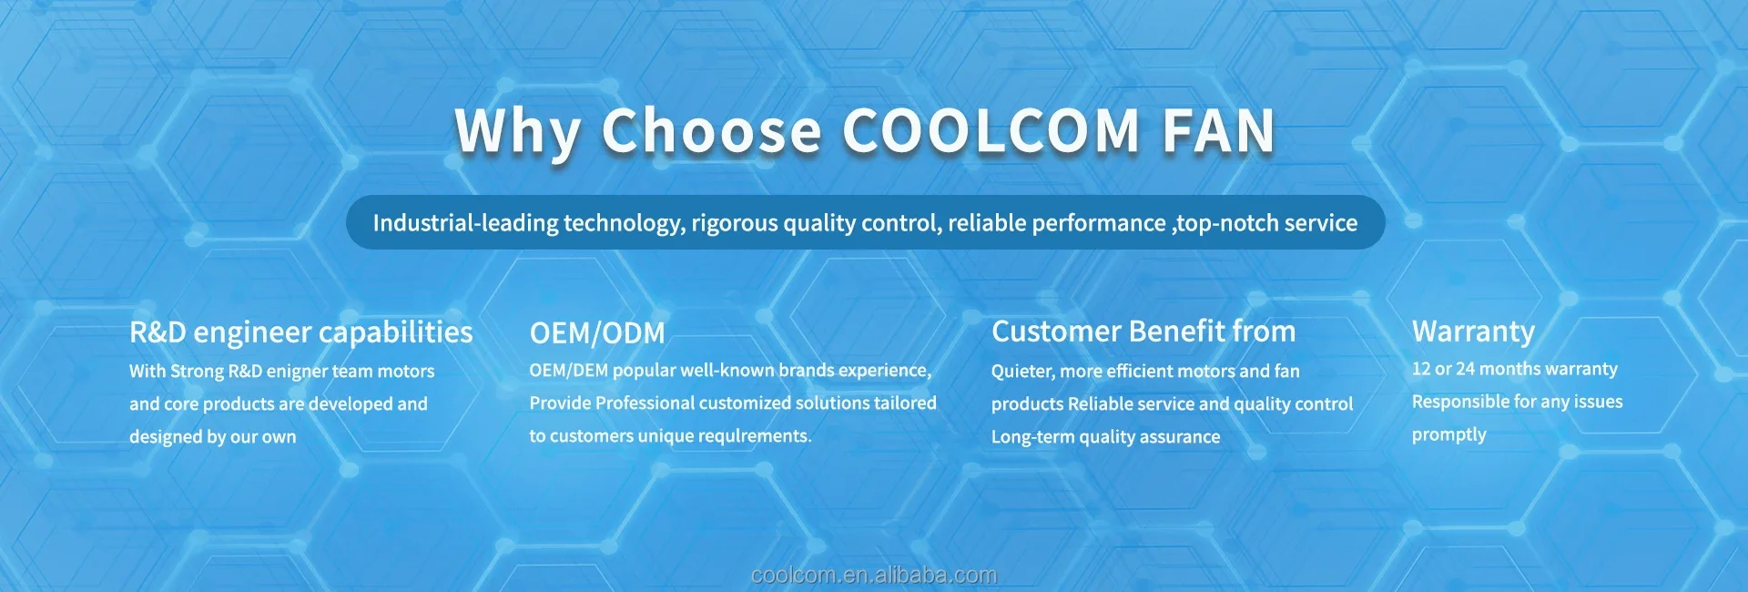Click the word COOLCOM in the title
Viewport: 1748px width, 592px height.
pos(991,130)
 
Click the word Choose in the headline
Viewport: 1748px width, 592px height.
pos(711,130)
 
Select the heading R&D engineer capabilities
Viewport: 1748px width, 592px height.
pos(301,332)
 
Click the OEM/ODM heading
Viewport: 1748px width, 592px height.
pos(597,333)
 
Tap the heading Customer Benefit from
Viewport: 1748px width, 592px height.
pos(1143,332)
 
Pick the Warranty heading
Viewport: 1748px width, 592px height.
pos(1473,332)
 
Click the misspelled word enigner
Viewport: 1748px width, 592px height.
pos(297,372)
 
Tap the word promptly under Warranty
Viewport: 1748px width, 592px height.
pos(1449,435)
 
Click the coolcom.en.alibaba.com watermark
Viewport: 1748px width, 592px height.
pos(874,576)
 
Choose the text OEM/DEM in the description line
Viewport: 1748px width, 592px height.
pos(569,371)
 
